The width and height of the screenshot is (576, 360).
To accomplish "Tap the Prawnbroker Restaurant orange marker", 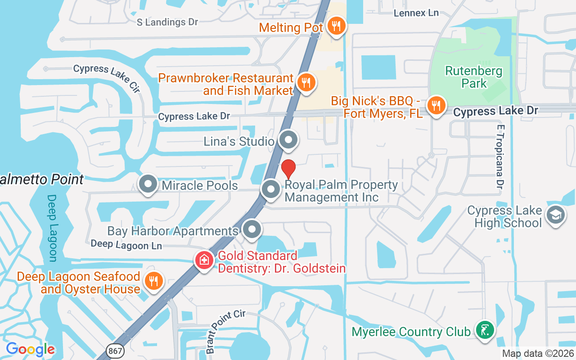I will (306, 82).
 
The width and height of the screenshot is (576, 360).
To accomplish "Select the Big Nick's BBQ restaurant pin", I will (436, 106).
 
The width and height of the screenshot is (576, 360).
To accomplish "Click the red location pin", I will (288, 169).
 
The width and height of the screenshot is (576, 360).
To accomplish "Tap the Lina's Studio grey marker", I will (288, 141).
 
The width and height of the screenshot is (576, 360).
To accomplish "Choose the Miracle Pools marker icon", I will (148, 184).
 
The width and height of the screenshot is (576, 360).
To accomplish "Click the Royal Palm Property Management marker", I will (271, 189).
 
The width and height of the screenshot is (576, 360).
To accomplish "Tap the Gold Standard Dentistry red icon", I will (204, 261).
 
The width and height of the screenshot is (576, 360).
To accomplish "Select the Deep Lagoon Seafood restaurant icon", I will (153, 281).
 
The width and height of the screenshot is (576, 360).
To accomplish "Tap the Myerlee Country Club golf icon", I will (485, 331).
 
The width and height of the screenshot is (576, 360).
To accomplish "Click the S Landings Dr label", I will (167, 22).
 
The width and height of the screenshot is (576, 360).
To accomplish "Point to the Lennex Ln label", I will (416, 13).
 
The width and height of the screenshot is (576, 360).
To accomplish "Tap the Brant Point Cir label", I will (226, 331).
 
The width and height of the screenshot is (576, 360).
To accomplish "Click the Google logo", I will (30, 349).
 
